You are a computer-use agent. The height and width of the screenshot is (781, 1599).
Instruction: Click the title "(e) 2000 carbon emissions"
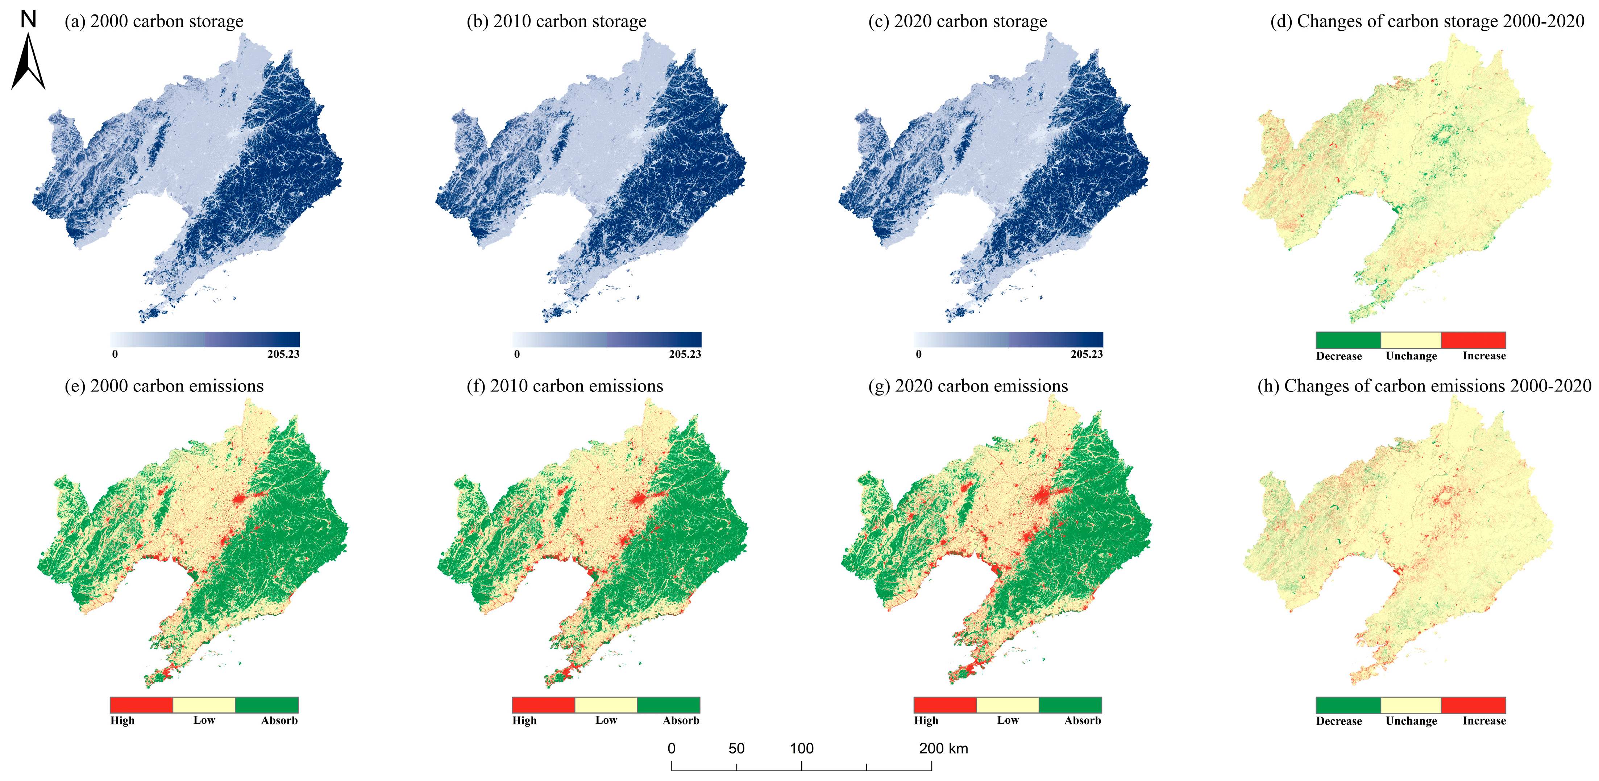pyautogui.click(x=164, y=386)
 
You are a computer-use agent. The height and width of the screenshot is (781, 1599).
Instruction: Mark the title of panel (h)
pyautogui.click(x=1424, y=386)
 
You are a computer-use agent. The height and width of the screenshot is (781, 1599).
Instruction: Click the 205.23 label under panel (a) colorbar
pyautogui.click(x=283, y=354)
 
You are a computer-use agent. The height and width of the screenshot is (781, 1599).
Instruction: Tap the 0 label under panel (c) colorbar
pyautogui.click(x=919, y=354)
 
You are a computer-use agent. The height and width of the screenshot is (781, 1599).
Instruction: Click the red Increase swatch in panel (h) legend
pyautogui.click(x=1473, y=705)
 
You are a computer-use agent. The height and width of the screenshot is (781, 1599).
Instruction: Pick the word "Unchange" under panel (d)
pyautogui.click(x=1411, y=356)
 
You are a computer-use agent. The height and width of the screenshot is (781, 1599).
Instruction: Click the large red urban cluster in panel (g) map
pyautogui.click(x=1045, y=495)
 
